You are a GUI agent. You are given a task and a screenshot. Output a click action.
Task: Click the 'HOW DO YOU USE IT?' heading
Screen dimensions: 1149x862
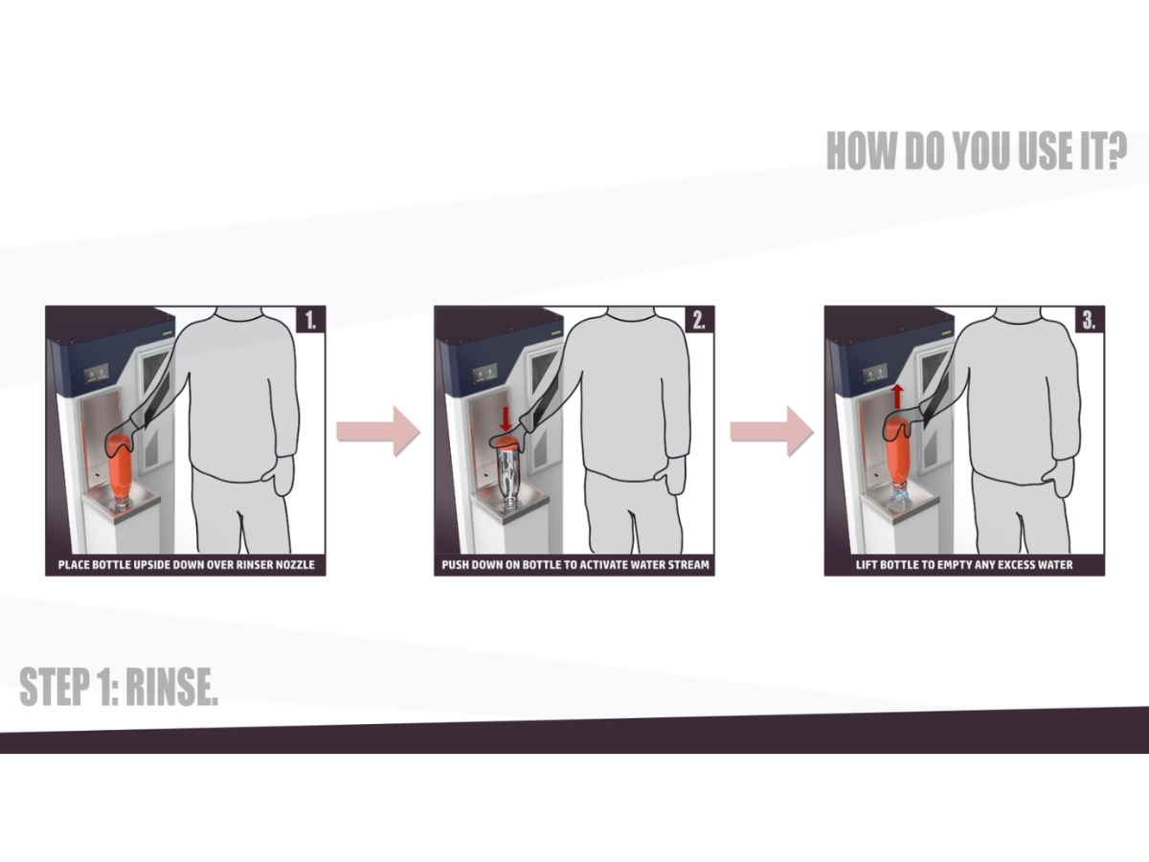(977, 150)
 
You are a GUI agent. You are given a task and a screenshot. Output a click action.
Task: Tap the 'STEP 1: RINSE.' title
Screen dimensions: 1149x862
(119, 686)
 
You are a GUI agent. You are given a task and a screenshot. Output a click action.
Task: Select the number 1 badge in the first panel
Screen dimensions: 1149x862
(310, 319)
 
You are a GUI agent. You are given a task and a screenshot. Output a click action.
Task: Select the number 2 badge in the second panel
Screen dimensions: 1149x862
(699, 319)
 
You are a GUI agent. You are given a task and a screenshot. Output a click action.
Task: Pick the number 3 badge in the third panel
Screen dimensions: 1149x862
(1090, 319)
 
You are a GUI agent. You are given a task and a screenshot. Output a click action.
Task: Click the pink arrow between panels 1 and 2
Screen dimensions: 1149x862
(378, 432)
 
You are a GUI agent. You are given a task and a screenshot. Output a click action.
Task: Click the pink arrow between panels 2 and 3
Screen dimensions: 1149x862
(772, 432)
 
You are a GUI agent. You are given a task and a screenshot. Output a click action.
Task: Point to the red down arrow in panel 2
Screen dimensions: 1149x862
(506, 419)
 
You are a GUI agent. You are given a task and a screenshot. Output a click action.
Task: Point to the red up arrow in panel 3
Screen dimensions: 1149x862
(897, 397)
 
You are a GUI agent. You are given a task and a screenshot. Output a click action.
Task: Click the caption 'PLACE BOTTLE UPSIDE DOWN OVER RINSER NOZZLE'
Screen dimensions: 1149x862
(187, 565)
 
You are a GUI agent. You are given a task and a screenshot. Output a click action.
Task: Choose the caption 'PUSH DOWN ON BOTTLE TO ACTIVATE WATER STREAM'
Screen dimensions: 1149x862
(575, 565)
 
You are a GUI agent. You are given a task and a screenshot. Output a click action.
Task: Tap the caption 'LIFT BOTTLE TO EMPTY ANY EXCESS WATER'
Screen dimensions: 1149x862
(964, 565)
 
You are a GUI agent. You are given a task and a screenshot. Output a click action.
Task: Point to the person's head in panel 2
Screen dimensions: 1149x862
(631, 312)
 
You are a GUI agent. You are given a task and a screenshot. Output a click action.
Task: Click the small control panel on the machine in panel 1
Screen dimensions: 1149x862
(97, 374)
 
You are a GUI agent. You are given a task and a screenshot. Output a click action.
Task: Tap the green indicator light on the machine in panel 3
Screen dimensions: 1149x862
(946, 332)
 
